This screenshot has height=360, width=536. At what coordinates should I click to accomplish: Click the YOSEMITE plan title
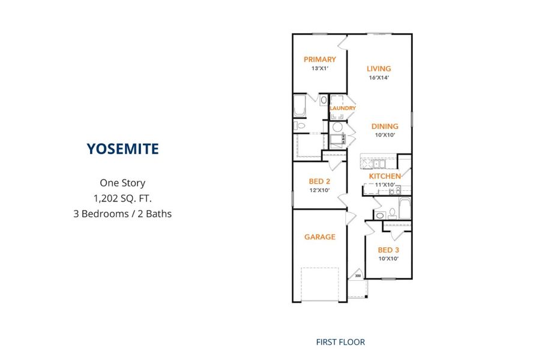pyautogui.click(x=122, y=149)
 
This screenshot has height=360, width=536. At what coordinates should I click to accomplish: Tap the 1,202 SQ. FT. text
pyautogui.click(x=122, y=199)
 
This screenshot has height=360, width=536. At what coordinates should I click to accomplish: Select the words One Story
pyautogui.click(x=122, y=183)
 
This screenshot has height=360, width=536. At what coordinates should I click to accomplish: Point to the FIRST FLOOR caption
pyautogui.click(x=340, y=342)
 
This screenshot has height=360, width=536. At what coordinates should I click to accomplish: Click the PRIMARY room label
pyautogui.click(x=320, y=59)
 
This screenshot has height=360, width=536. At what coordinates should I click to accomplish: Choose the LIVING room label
pyautogui.click(x=379, y=68)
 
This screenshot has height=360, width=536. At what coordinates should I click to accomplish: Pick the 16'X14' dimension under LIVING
pyautogui.click(x=379, y=77)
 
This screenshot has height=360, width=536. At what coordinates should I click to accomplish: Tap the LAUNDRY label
pyautogui.click(x=343, y=108)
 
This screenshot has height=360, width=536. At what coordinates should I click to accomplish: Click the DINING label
pyautogui.click(x=385, y=127)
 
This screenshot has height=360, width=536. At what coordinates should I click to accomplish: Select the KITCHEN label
pyautogui.click(x=385, y=176)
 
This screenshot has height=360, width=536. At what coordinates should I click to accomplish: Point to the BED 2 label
pyautogui.click(x=319, y=181)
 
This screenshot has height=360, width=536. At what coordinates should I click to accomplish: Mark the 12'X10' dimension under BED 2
pyautogui.click(x=319, y=190)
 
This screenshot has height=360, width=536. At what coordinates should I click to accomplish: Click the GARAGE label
pyautogui.click(x=320, y=237)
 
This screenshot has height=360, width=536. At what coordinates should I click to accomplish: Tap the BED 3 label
pyautogui.click(x=388, y=250)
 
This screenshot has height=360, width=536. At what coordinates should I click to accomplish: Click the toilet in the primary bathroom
pyautogui.click(x=299, y=125)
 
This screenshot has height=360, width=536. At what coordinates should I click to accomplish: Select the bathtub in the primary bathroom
pyautogui.click(x=300, y=106)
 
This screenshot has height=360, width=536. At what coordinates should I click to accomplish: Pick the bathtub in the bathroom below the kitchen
pyautogui.click(x=405, y=208)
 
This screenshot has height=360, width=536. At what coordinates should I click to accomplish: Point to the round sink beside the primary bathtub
pyautogui.click(x=324, y=100)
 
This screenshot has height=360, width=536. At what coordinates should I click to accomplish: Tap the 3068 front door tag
pyautogui.click(x=358, y=275)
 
